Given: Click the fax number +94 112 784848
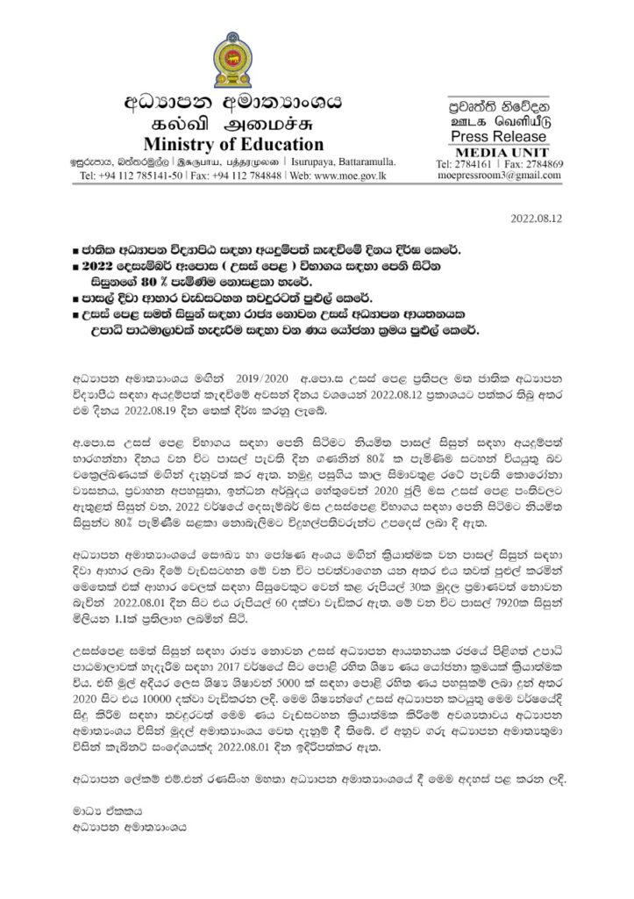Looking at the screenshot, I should pyautogui.click(x=250, y=176).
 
